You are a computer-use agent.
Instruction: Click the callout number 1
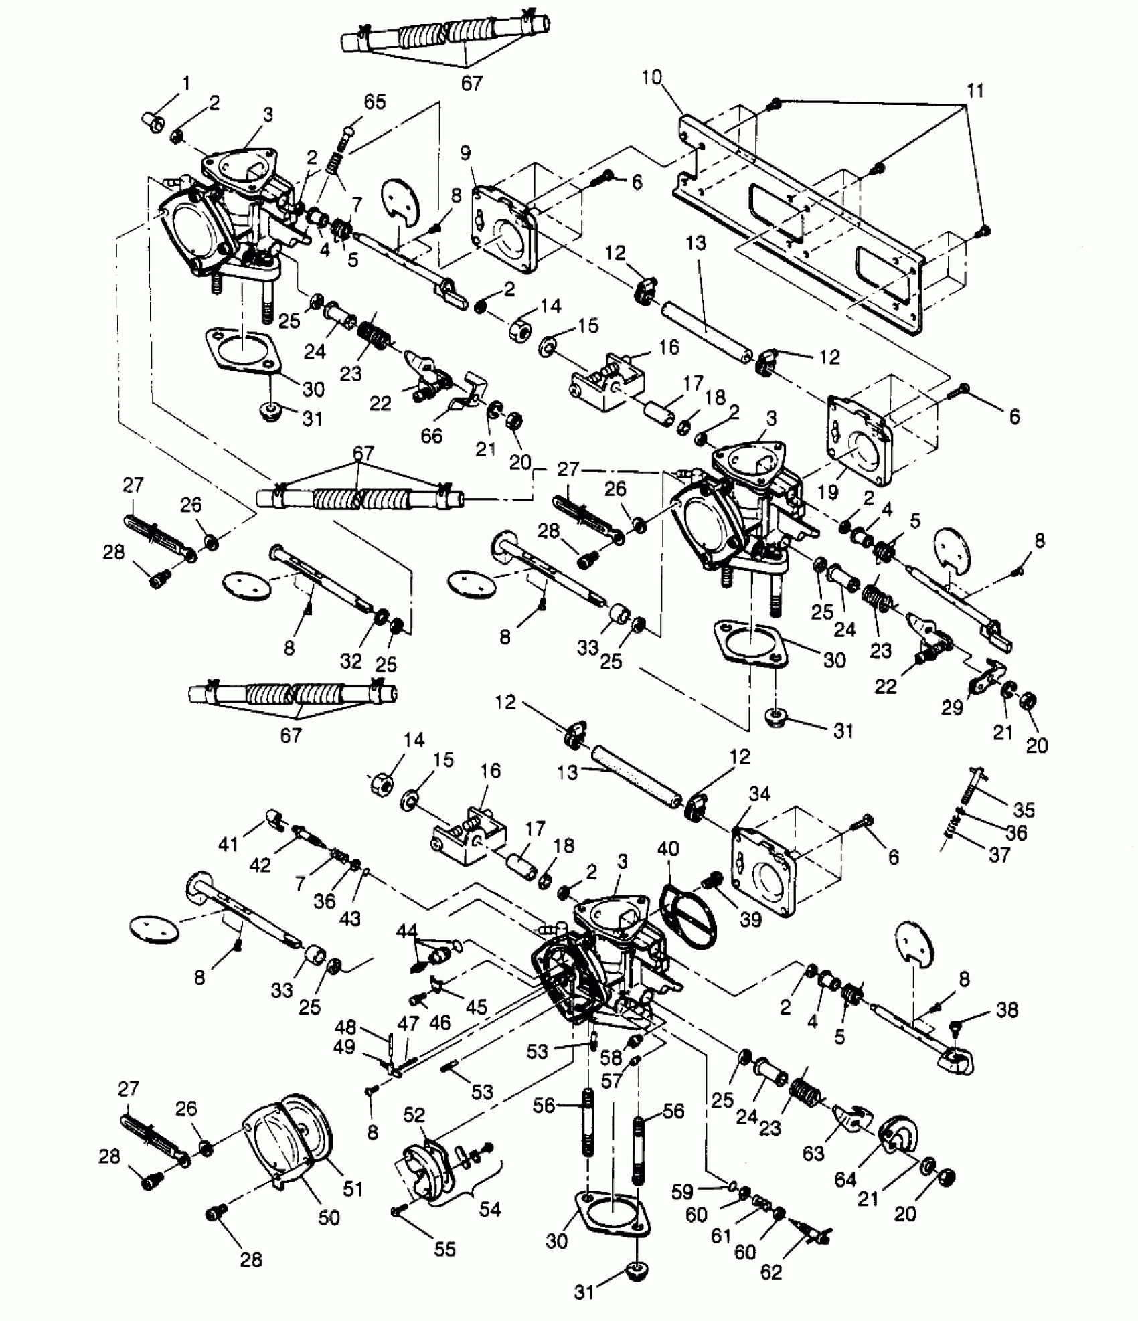coord(186,84)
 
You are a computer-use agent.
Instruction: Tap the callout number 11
coord(975,90)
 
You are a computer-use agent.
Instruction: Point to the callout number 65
coord(374,102)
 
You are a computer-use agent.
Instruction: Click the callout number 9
coord(466,153)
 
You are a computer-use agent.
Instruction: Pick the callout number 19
coord(828,492)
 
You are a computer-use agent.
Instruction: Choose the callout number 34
coord(759,794)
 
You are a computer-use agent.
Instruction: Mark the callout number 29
coord(952,707)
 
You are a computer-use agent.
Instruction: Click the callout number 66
coord(431,436)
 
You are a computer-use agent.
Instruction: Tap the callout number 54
coord(490,1209)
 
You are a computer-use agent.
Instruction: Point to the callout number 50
coord(329,1217)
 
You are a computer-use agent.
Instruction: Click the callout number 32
coord(351,660)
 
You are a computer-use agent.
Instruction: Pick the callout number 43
coord(349,918)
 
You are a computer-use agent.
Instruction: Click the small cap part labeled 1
coord(155,122)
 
